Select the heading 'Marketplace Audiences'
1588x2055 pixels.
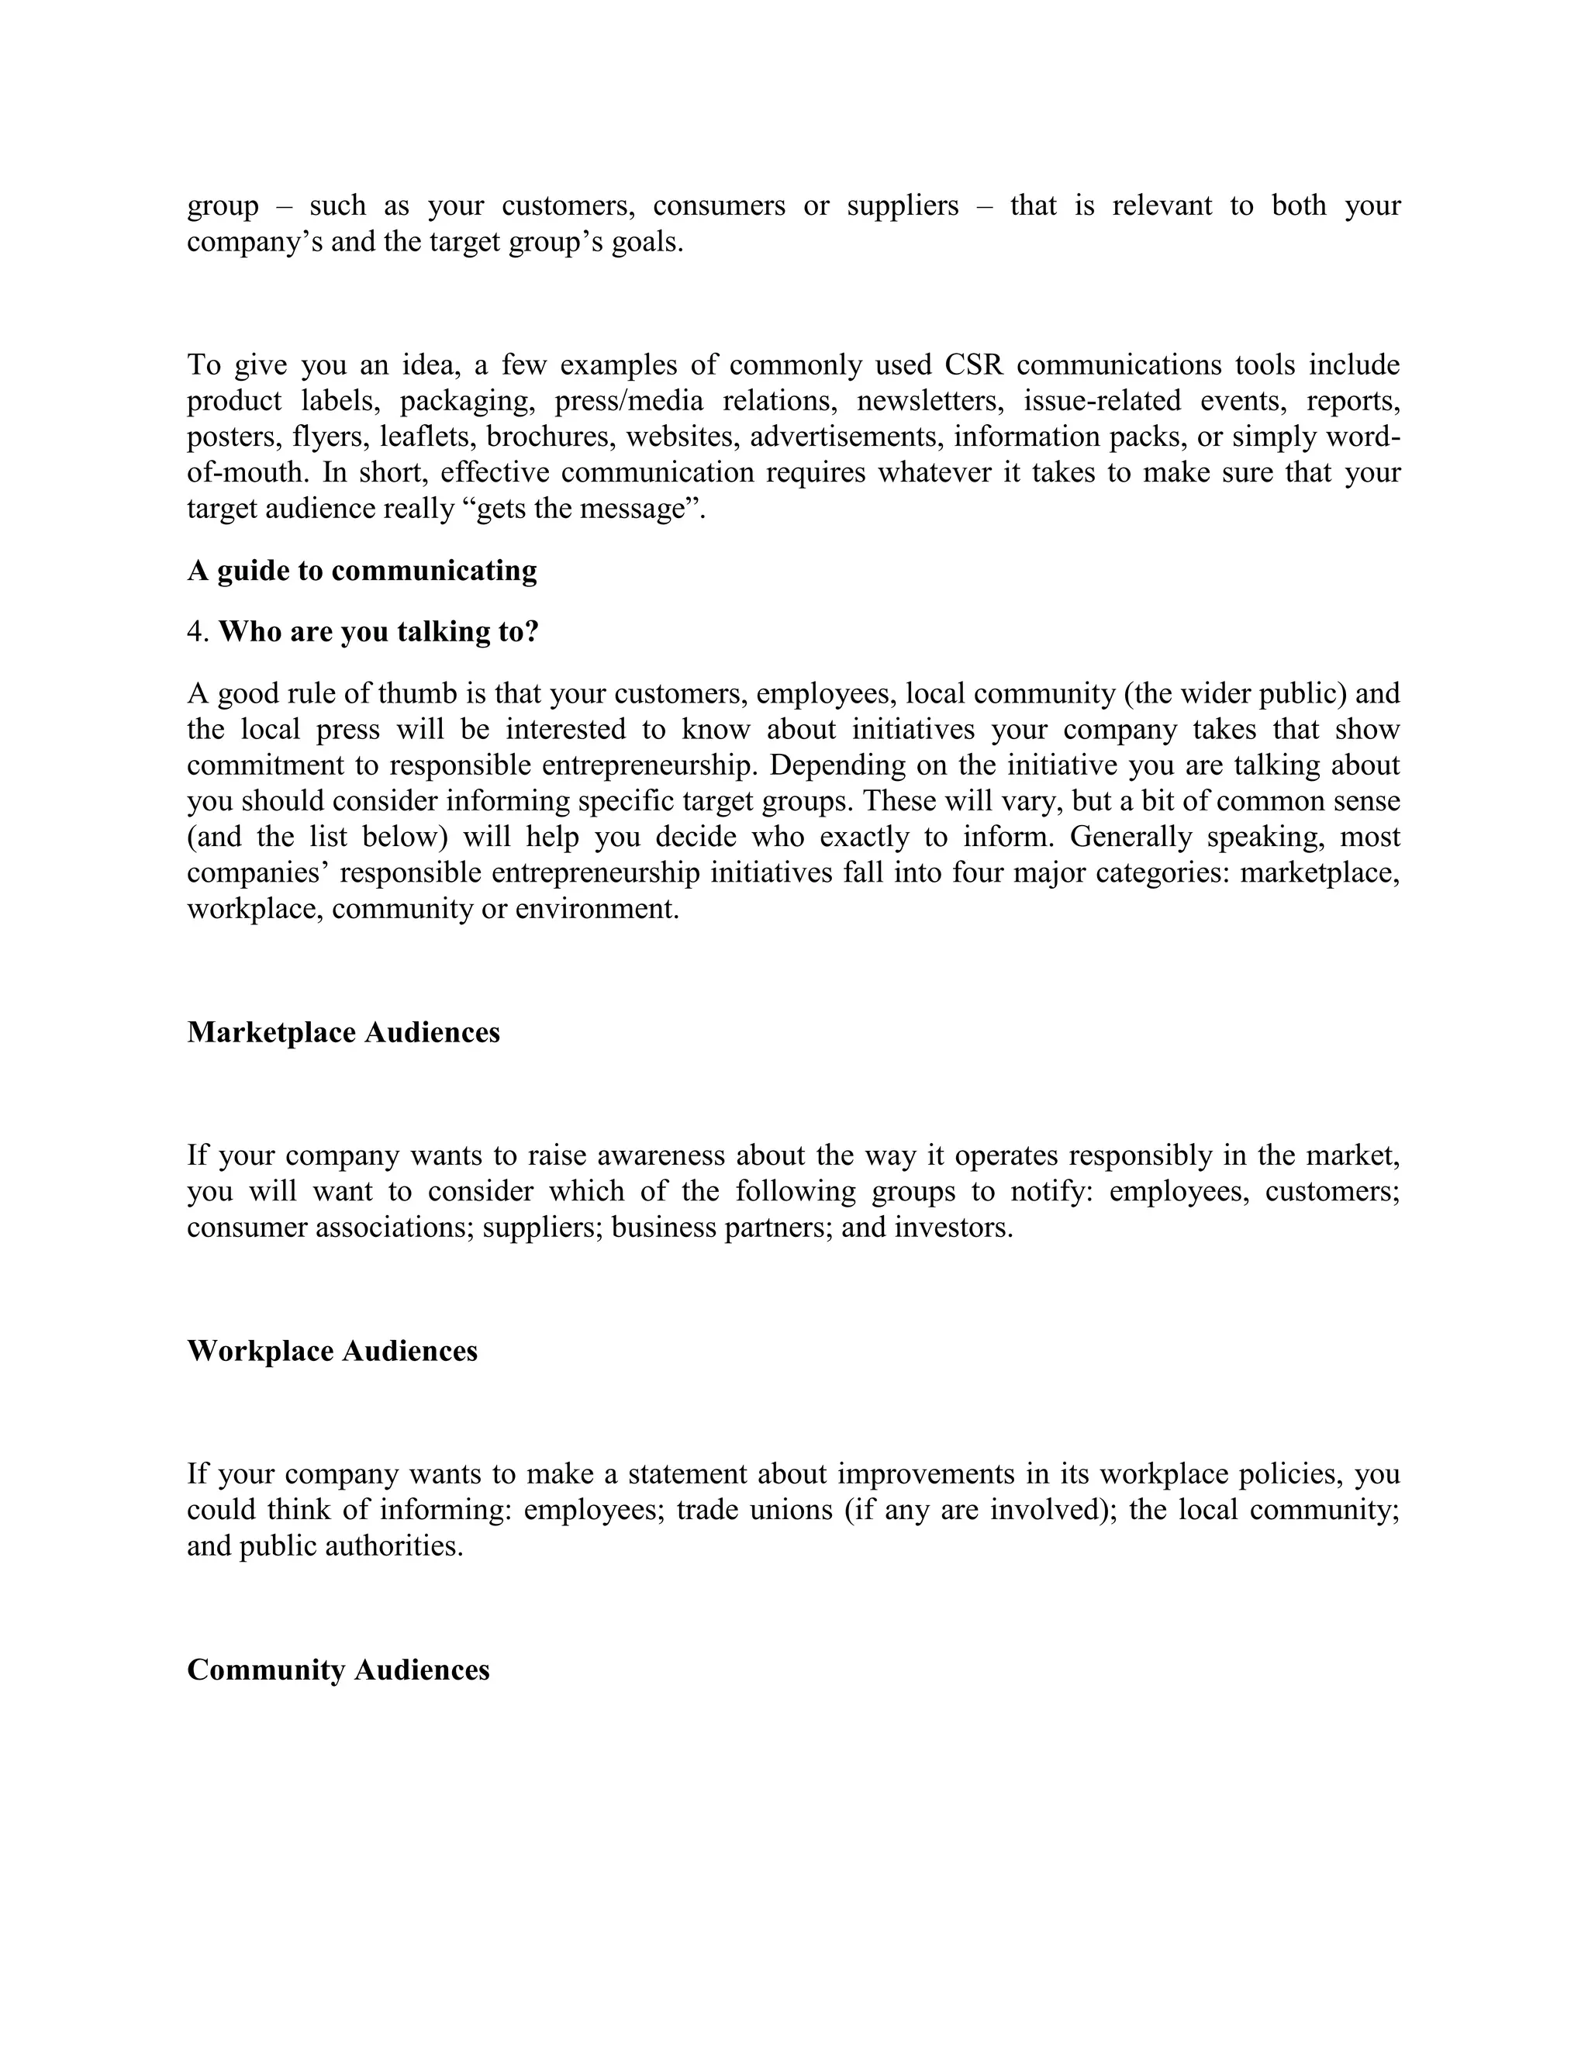[343, 1032]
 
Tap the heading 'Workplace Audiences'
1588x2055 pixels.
[332, 1351]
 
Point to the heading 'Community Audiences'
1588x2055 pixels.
[338, 1670]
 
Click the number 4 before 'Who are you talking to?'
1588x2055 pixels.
[195, 632]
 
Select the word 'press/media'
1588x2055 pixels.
[628, 401]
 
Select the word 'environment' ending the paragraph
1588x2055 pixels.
[595, 909]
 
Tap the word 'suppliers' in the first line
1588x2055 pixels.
[903, 205]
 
